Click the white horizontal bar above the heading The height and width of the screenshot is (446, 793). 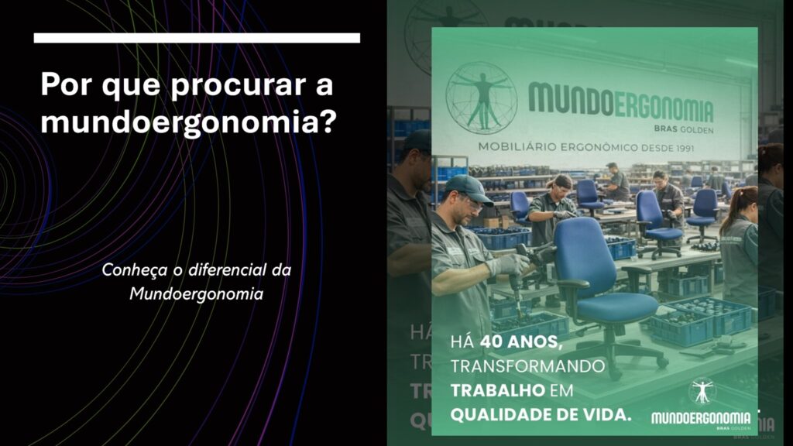click(x=197, y=38)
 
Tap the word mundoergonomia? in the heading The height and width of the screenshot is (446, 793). click(x=188, y=122)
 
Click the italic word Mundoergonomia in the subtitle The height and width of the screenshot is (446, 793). click(x=196, y=293)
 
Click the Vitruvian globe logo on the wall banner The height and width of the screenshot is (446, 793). click(x=481, y=98)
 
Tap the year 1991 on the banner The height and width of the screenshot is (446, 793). click(x=681, y=148)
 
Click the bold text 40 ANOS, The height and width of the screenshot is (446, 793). click(x=521, y=342)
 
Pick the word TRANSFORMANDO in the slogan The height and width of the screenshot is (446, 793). click(x=527, y=366)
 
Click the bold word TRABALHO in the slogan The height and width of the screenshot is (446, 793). click(x=498, y=390)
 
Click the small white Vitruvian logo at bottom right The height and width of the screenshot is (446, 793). click(x=702, y=391)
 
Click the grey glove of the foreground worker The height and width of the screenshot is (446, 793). click(x=508, y=265)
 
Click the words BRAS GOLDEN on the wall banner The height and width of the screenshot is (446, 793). click(x=683, y=129)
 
